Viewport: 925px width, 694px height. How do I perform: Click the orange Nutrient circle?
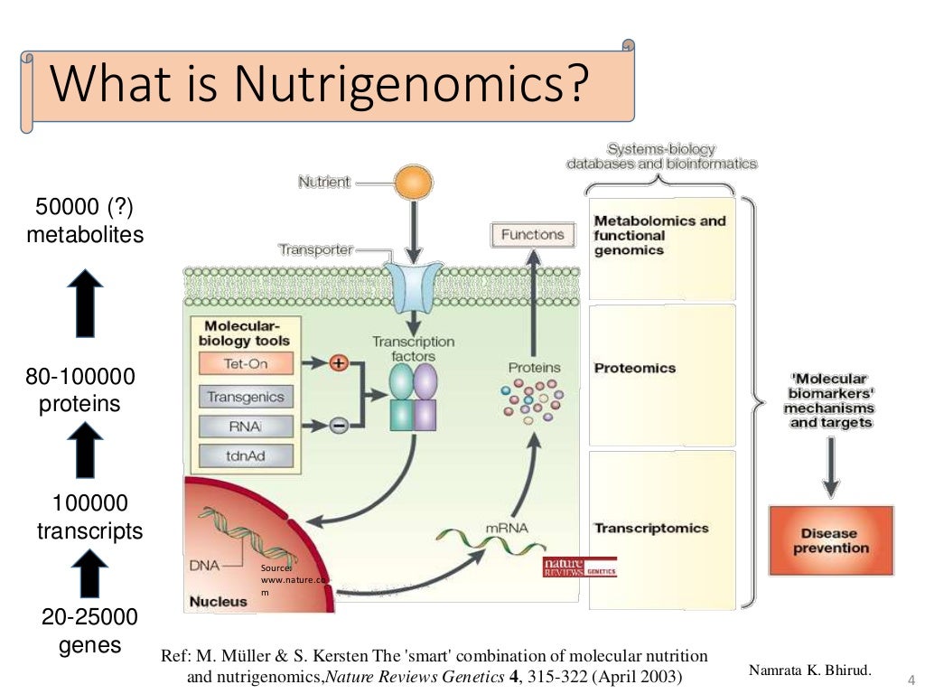point(413,183)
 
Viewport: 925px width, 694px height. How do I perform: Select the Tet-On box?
point(233,364)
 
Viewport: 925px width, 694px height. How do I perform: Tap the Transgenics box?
point(245,397)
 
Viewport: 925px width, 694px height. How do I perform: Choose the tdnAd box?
point(245,456)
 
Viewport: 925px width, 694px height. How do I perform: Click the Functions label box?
point(532,235)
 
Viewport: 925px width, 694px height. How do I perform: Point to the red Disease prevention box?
point(830,540)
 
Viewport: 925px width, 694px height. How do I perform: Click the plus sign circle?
point(340,363)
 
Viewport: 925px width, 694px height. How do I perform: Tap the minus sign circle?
point(339,426)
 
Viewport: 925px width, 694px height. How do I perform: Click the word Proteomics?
point(635,369)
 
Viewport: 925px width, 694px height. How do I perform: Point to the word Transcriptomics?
point(651,528)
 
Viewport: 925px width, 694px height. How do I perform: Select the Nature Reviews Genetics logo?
point(579,567)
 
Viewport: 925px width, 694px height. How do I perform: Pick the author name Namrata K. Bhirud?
point(810,670)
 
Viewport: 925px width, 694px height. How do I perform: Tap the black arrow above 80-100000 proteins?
point(87,303)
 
